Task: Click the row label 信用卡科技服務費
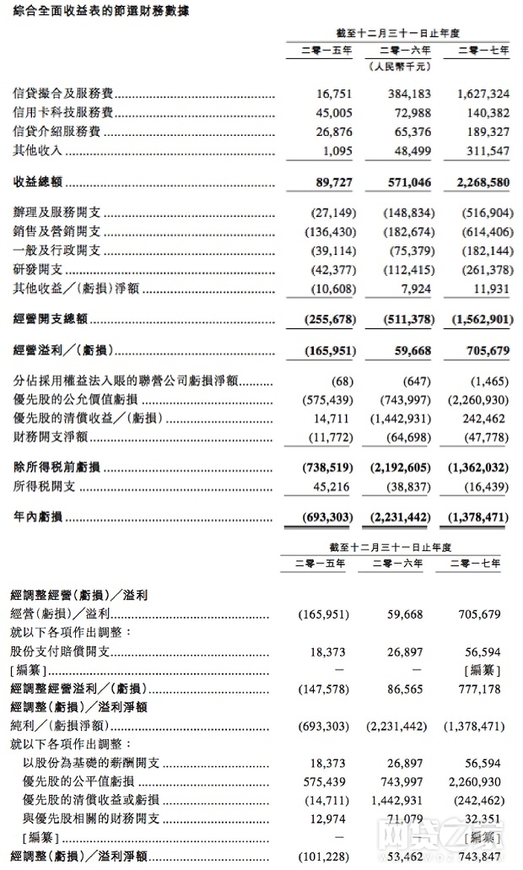pyautogui.click(x=63, y=113)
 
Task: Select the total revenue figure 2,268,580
pyautogui.click(x=480, y=182)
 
